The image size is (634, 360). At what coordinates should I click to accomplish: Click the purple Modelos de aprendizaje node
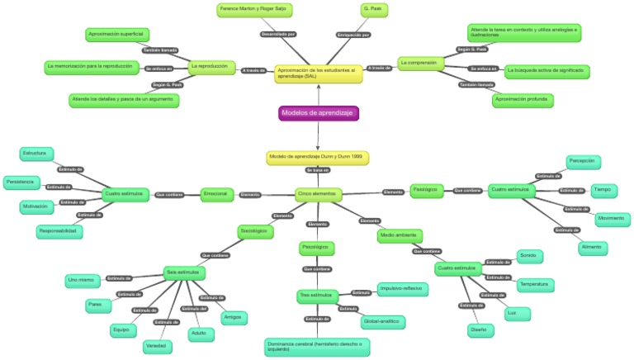(x=318, y=113)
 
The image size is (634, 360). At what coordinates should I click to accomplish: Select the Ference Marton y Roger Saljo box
(x=255, y=10)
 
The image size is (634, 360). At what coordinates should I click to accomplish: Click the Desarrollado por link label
(x=278, y=35)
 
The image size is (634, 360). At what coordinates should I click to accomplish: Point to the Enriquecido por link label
(x=353, y=35)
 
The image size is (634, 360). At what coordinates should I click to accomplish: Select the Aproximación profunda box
(x=523, y=100)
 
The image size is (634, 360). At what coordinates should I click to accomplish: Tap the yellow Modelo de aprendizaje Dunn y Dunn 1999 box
(x=317, y=156)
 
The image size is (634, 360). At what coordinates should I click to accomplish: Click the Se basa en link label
(x=317, y=170)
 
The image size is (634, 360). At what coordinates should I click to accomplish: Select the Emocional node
(x=217, y=195)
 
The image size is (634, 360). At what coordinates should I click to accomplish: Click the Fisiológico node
(x=427, y=191)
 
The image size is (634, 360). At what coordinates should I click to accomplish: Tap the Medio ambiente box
(x=400, y=235)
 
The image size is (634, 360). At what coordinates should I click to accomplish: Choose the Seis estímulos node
(x=184, y=272)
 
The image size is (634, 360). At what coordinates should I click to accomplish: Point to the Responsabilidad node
(x=60, y=232)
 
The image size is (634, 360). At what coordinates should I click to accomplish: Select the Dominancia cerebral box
(x=318, y=345)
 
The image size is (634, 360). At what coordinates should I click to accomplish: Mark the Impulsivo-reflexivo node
(x=403, y=289)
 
